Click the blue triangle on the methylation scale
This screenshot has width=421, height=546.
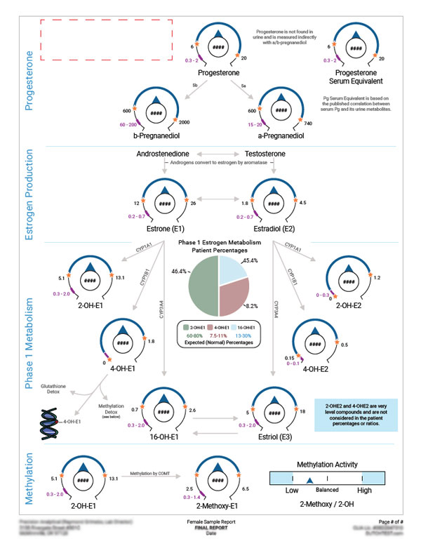pyautogui.click(x=309, y=479)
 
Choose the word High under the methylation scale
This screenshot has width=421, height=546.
pyautogui.click(x=365, y=491)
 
